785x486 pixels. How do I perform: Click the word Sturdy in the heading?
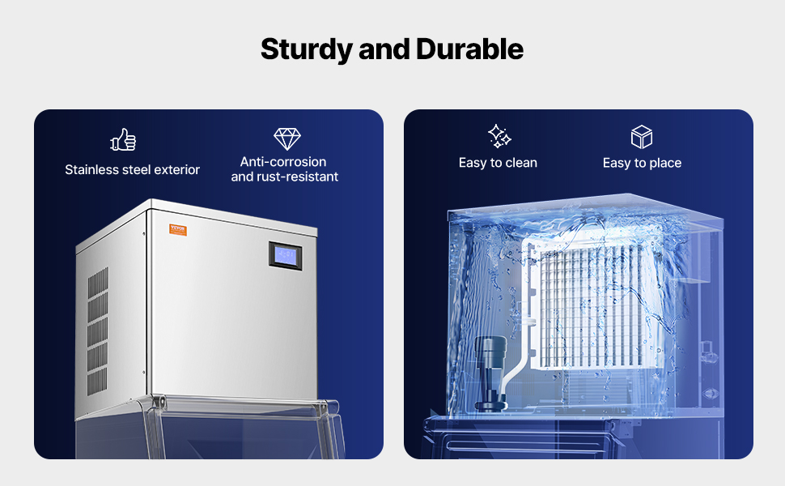click(307, 49)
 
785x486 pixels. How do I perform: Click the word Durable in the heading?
click(469, 49)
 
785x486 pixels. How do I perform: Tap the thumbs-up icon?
click(123, 140)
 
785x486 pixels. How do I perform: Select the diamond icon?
click(286, 139)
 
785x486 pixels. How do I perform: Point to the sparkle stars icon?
click(499, 136)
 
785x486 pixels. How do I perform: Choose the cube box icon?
click(641, 137)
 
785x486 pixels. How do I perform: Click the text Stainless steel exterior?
click(132, 170)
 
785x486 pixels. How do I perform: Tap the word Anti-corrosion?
click(283, 162)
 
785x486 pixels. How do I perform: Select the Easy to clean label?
click(498, 163)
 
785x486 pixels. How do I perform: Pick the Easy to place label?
click(642, 164)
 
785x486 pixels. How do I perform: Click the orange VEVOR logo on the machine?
click(178, 230)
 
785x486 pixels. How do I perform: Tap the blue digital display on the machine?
click(286, 255)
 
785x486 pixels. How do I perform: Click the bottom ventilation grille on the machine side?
click(97, 382)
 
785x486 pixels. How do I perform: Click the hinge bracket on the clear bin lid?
click(158, 403)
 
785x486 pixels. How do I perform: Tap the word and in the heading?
click(384, 49)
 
